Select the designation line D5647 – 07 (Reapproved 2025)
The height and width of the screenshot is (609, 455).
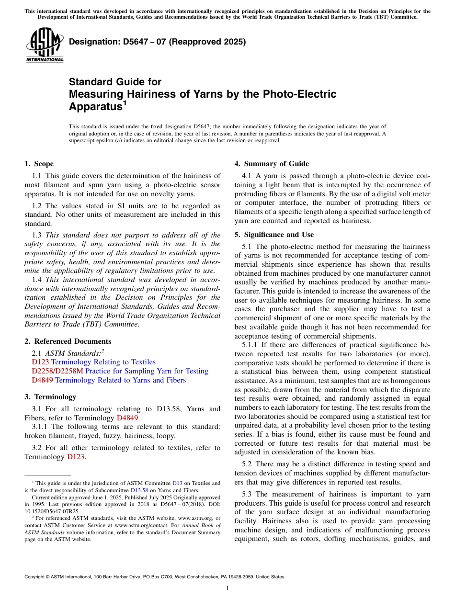click(157, 42)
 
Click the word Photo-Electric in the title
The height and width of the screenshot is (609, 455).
click(300, 94)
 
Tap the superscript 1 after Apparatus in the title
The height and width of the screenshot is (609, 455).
click(125, 103)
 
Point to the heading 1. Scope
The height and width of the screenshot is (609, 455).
click(39, 164)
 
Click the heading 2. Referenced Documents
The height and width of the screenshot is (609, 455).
click(68, 341)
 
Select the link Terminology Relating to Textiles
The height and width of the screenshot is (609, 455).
click(103, 362)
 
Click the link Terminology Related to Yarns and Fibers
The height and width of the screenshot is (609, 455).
click(120, 380)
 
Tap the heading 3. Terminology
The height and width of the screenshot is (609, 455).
click(50, 397)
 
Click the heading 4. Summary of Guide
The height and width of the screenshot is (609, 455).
click(272, 164)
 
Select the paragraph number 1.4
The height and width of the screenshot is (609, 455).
click(37, 280)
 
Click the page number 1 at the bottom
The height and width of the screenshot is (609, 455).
click(227, 588)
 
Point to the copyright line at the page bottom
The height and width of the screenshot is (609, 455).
click(154, 577)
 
